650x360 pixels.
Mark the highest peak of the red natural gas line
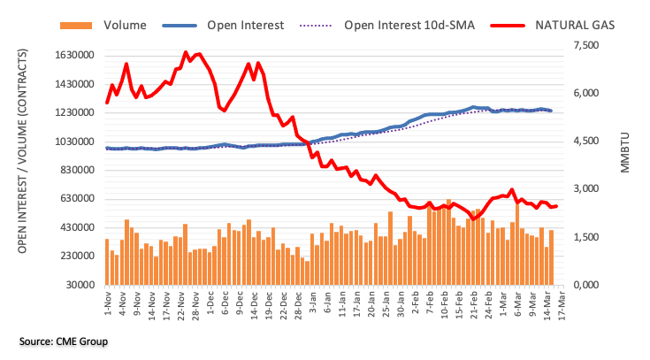click(x=185, y=52)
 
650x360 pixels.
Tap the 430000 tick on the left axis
click(x=73, y=227)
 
